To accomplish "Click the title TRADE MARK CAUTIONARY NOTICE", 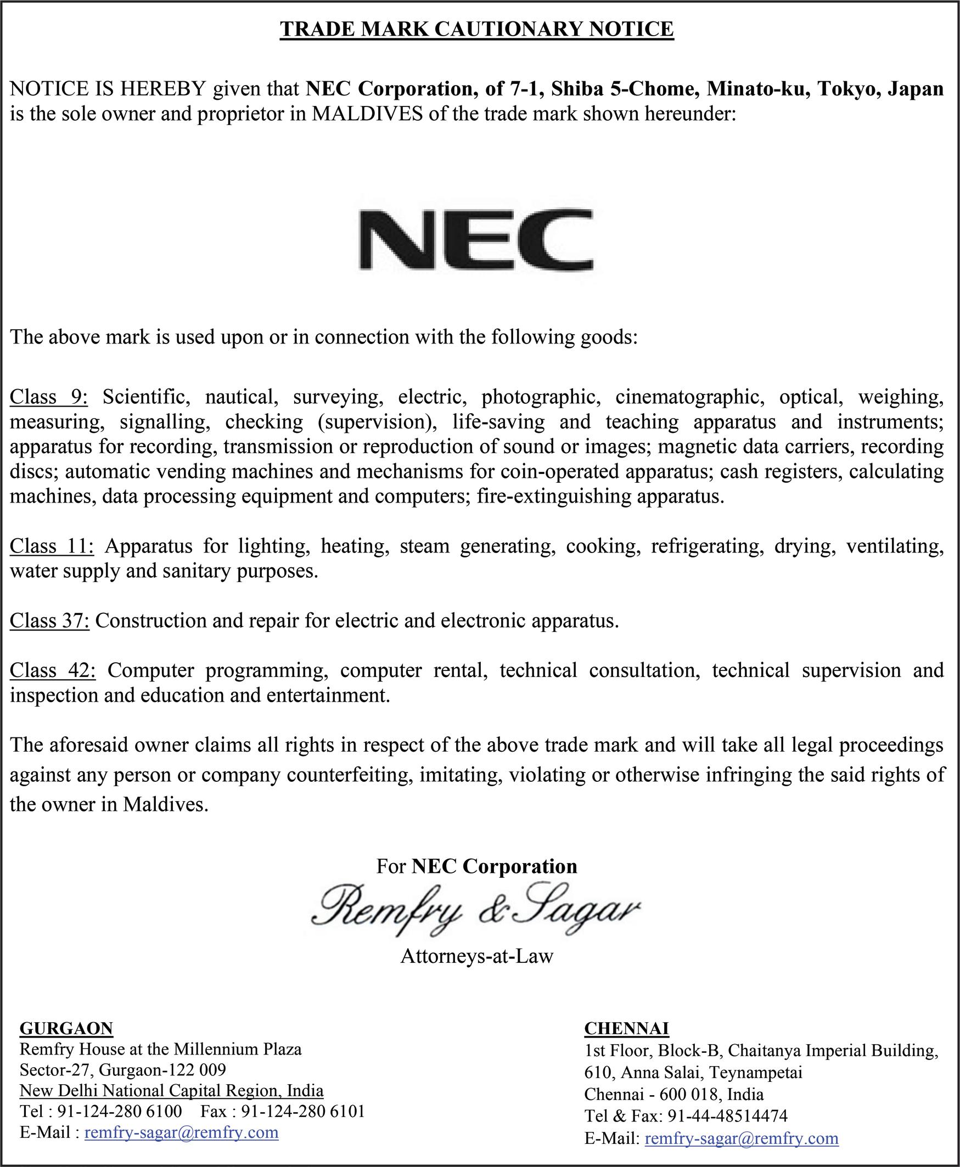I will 476,29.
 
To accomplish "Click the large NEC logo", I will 476,239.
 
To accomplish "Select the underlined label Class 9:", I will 49,397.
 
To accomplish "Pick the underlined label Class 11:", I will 52,546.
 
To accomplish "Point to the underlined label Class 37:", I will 50,621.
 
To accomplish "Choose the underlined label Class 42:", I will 53,670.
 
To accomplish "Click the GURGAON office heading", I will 66,1028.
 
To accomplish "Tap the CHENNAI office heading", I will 626,1028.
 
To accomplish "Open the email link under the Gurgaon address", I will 181,1133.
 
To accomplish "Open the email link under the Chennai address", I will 742,1138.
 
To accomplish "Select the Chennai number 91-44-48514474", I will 727,1116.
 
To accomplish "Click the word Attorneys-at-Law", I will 476,956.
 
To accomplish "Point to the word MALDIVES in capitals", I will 367,114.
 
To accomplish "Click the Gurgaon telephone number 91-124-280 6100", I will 120,1111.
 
